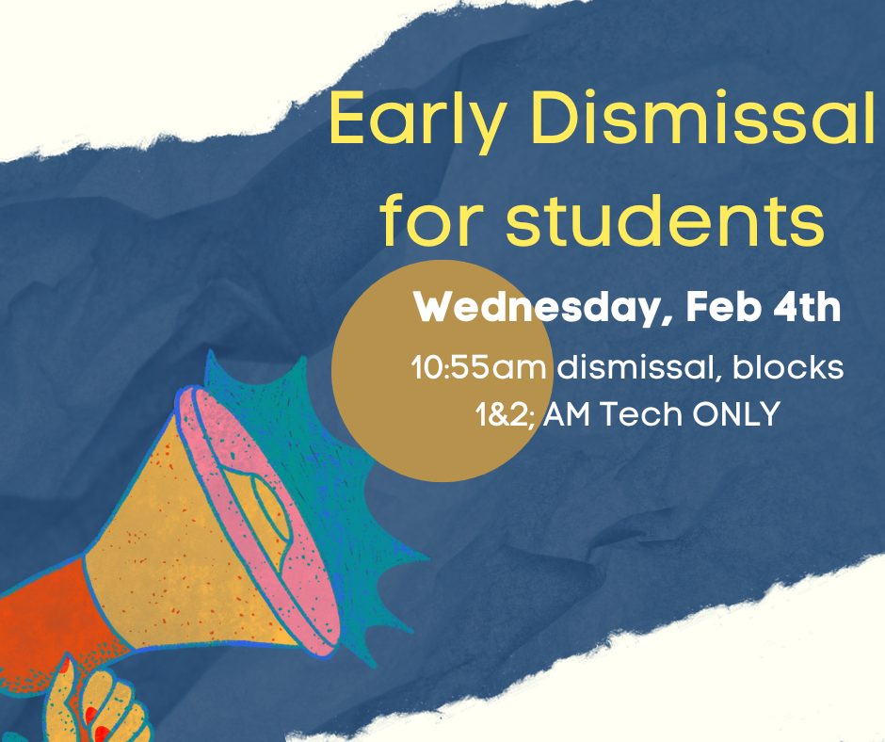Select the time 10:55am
pyautogui.click(x=478, y=367)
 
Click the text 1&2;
pyautogui.click(x=505, y=413)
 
